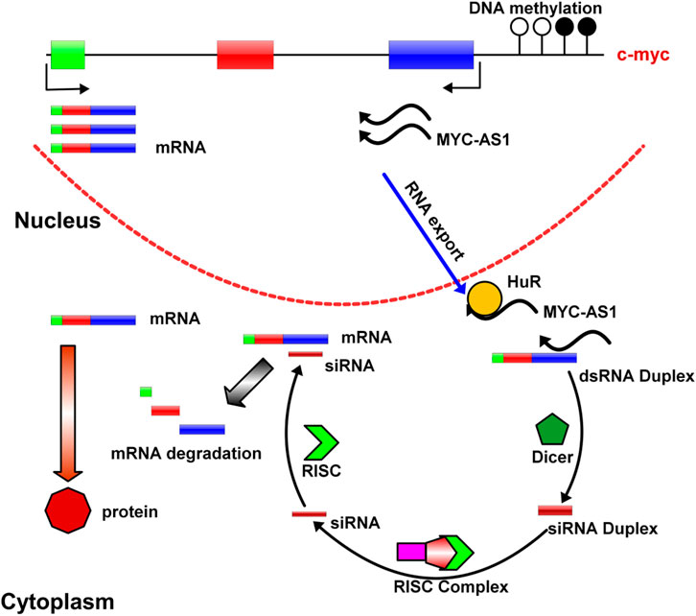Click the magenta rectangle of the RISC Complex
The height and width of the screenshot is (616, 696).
coord(413,554)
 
